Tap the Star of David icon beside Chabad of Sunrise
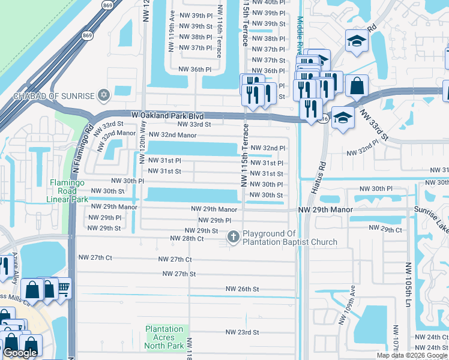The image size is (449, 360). pyautogui.click(x=104, y=95)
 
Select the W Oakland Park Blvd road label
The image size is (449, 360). pyautogui.click(x=167, y=115)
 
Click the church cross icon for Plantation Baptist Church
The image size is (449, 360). pyautogui.click(x=232, y=238)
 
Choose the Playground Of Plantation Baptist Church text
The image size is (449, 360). pyautogui.click(x=290, y=238)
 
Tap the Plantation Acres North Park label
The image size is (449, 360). pyautogui.click(x=164, y=337)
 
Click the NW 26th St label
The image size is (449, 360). pyautogui.click(x=242, y=289)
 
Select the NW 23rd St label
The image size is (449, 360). pyautogui.click(x=242, y=332)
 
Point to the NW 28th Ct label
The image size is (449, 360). pyautogui.click(x=187, y=238)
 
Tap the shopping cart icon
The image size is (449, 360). pyautogui.click(x=63, y=289)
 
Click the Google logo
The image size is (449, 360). pyautogui.click(x=20, y=353)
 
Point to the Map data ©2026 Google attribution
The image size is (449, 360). pyautogui.click(x=412, y=355)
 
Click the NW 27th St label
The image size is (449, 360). pyautogui.click(x=179, y=274)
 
